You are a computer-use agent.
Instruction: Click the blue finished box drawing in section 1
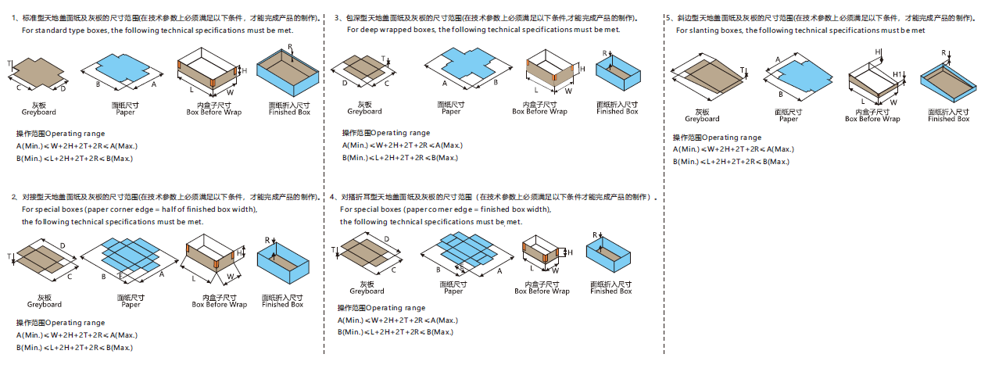point(288,73)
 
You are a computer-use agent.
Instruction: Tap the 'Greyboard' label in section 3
point(364,112)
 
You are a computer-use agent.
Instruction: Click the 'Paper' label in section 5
point(789,119)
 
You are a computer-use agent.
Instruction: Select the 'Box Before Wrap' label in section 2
point(220,305)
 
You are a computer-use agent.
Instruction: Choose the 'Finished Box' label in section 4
point(610,292)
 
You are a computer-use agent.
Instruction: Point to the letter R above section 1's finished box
point(290,48)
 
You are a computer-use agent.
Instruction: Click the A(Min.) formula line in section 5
point(732,149)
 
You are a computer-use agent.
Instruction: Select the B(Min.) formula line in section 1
point(74,159)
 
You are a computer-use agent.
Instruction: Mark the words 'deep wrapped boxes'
point(403,30)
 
